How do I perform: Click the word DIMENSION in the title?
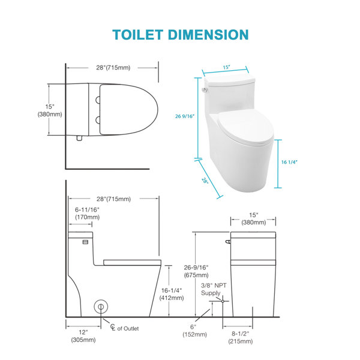pyautogui.click(x=208, y=35)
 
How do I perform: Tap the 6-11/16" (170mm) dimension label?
pyautogui.click(x=87, y=213)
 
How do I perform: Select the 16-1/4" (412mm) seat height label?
pyautogui.click(x=172, y=294)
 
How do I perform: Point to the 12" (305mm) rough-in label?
pyautogui.click(x=83, y=336)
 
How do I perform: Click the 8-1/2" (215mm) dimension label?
pyautogui.click(x=241, y=337)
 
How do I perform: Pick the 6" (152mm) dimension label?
pyautogui.click(x=194, y=331)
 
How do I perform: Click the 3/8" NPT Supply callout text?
pyautogui.click(x=214, y=289)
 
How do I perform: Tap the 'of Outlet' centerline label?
pyautogui.click(x=128, y=329)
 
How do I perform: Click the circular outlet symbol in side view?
pyautogui.click(x=101, y=307)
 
